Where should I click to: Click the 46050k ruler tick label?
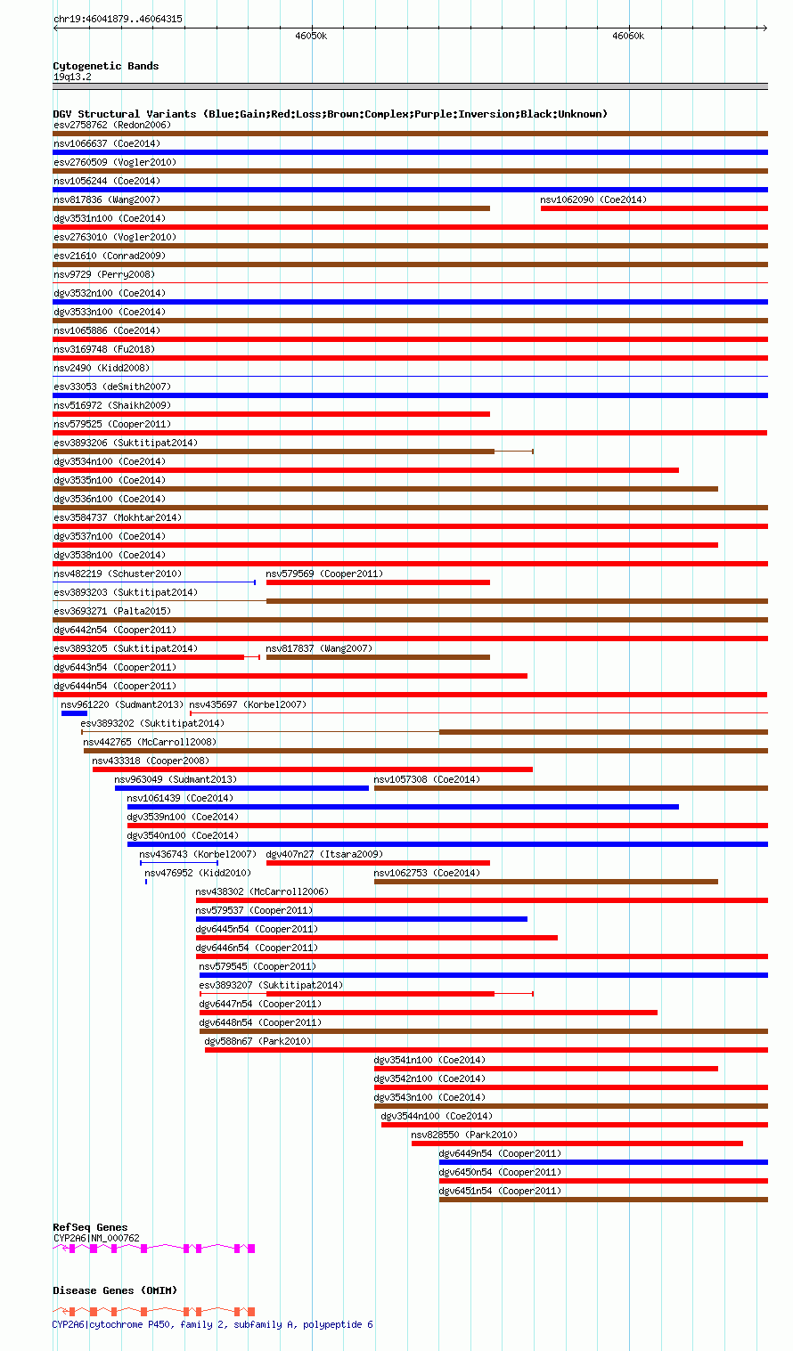(311, 37)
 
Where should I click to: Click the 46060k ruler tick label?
(628, 37)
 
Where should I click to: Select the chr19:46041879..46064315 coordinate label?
(118, 19)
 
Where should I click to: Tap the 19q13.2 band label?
(72, 77)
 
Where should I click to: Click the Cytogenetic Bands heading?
(105, 66)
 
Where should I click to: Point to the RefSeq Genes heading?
(90, 1227)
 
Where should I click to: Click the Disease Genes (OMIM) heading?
(115, 1290)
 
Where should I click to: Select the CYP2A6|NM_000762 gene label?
(96, 1238)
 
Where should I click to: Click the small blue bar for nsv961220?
(74, 713)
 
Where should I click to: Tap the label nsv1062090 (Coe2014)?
(593, 199)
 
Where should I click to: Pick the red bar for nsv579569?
(378, 582)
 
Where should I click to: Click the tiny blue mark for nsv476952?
(146, 882)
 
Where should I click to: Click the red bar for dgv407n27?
(378, 863)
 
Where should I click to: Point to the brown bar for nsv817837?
(378, 657)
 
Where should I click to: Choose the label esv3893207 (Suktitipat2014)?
(271, 985)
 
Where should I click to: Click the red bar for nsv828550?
(576, 1143)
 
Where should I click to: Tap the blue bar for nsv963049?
(241, 788)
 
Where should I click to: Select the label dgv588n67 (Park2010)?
(258, 1041)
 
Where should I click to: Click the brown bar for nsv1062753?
(545, 882)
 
